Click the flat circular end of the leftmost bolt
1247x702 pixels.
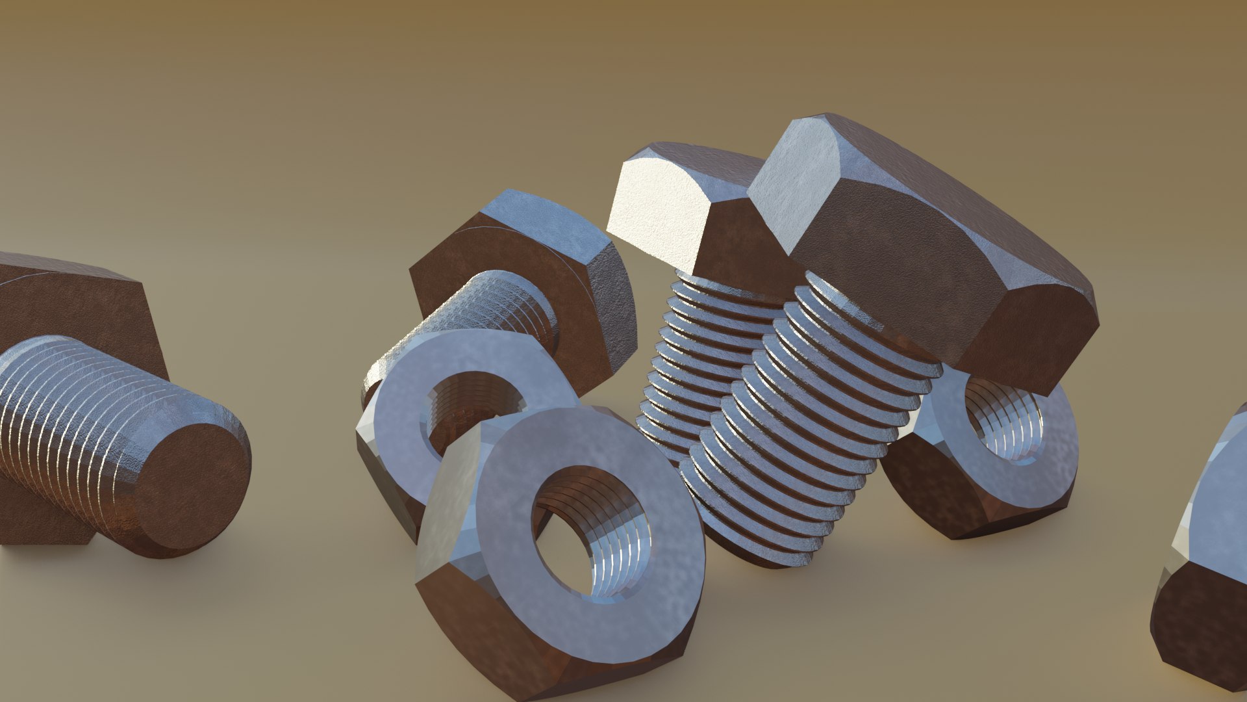195,484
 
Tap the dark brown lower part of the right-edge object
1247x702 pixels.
1202,624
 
